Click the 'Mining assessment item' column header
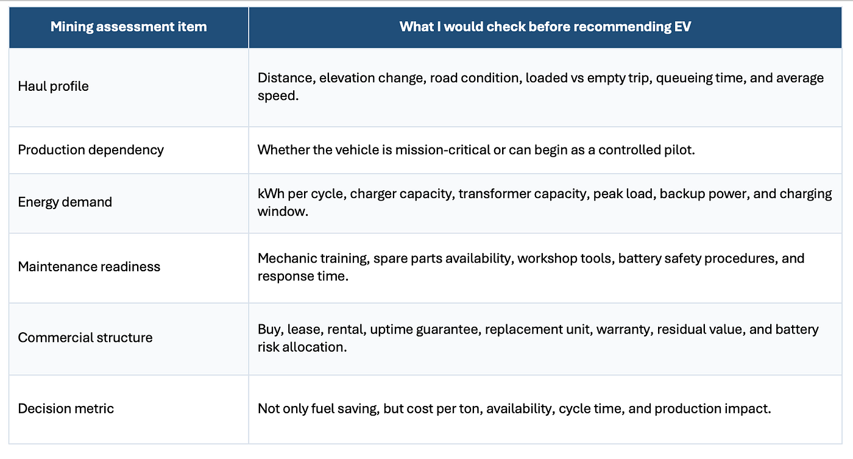pos(129,27)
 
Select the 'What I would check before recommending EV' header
pos(545,27)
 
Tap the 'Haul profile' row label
pos(54,87)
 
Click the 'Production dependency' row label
pos(91,150)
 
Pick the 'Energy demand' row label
pos(65,202)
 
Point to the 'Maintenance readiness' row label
pos(89,266)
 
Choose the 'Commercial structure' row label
pos(85,338)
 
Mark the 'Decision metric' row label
pos(66,408)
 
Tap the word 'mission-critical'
pos(443,150)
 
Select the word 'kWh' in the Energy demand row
pos(271,193)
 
